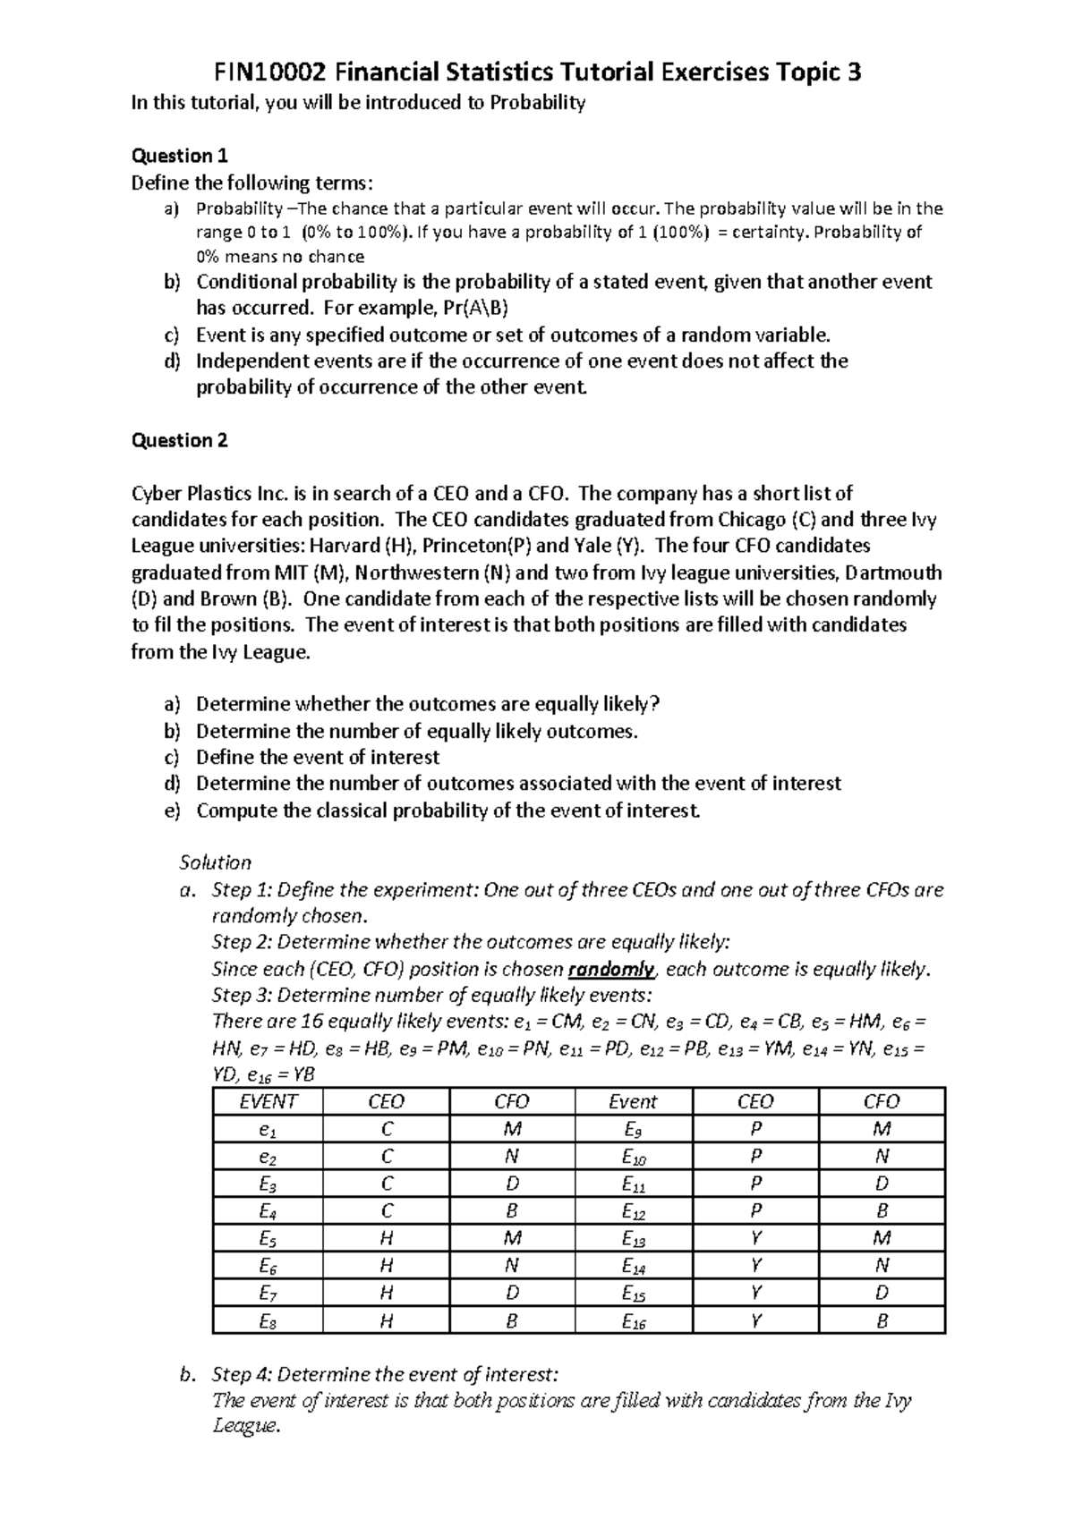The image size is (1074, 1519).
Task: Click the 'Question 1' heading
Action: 179,156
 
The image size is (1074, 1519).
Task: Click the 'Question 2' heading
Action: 179,440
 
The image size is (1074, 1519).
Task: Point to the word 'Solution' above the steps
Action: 215,863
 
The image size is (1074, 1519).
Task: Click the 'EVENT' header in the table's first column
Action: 268,1102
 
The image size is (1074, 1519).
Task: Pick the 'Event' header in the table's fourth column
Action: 632,1102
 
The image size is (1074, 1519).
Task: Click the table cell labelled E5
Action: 268,1239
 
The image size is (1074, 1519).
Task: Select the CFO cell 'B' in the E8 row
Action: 512,1321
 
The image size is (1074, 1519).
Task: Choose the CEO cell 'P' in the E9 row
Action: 756,1129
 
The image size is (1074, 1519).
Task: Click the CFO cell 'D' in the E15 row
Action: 882,1294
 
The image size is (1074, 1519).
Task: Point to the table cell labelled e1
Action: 268,1129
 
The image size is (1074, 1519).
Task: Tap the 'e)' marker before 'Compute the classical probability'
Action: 171,811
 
